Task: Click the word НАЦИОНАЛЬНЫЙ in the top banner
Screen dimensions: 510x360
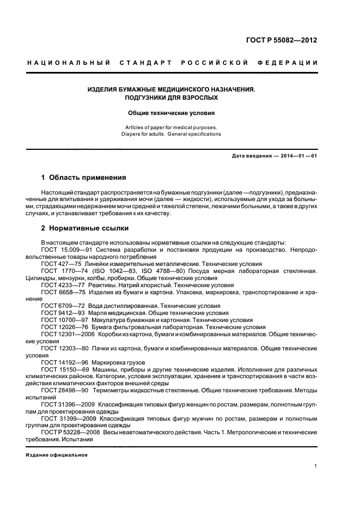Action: [x=68, y=63]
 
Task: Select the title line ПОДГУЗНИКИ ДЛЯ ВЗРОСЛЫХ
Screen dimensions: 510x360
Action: [x=172, y=98]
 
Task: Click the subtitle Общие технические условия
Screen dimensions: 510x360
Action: [x=172, y=113]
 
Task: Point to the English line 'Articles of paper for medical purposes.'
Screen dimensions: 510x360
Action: [x=172, y=127]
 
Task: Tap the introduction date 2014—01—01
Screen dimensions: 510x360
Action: [x=299, y=156]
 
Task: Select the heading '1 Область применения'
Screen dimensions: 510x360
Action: [x=84, y=178]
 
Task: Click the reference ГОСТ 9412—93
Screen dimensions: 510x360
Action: [x=59, y=313]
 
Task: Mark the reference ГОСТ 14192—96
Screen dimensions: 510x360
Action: [x=61, y=362]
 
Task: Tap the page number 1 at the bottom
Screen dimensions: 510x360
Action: [x=316, y=466]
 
